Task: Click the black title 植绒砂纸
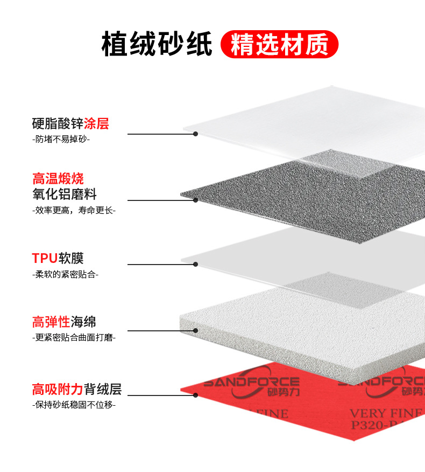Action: click(157, 44)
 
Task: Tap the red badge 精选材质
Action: click(279, 44)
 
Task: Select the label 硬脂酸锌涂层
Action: click(70, 123)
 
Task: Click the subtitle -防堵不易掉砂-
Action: click(61, 139)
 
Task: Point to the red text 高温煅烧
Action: click(58, 178)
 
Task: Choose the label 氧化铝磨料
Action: click(64, 194)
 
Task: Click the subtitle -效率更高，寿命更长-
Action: click(74, 210)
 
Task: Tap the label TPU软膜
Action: click(58, 258)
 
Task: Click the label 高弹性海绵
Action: click(64, 322)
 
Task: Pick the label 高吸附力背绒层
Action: click(76, 388)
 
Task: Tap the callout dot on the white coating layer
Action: click(196, 134)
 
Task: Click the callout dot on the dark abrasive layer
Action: click(196, 200)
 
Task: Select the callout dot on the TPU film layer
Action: click(196, 264)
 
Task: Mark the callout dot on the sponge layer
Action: click(196, 330)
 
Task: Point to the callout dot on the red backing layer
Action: click(196, 395)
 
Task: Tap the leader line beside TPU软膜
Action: click(161, 264)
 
